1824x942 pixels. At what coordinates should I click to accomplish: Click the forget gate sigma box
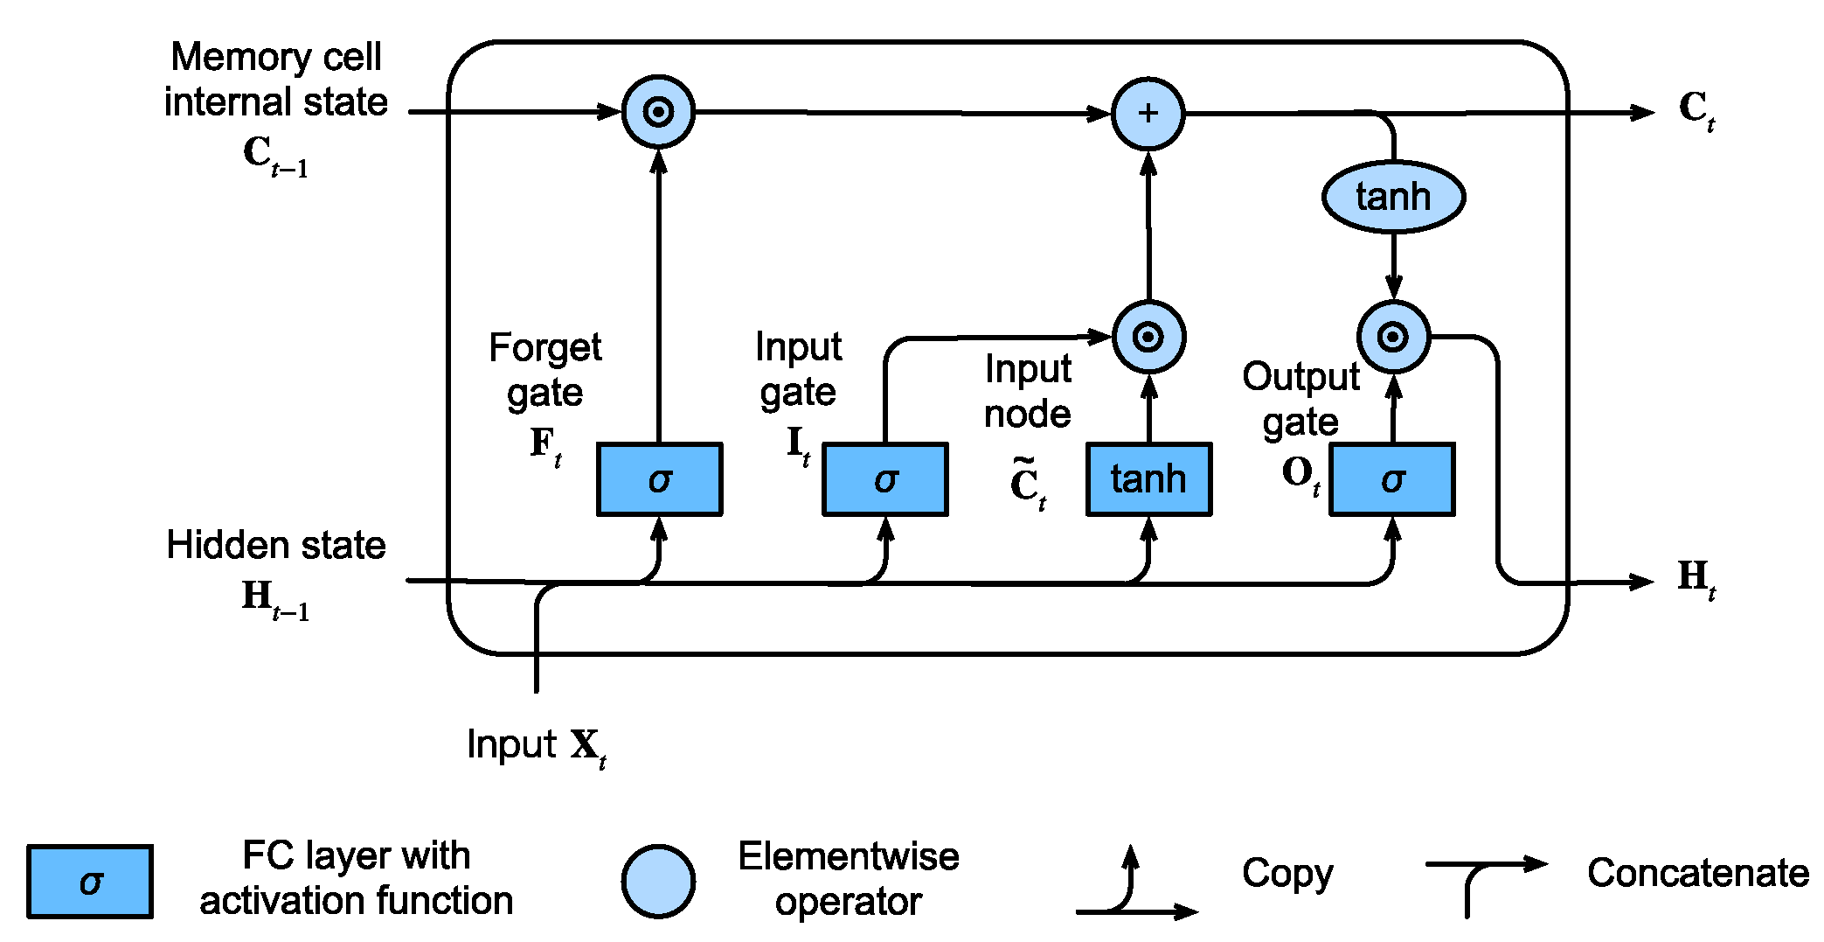click(659, 479)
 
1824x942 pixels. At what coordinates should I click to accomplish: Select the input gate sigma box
click(884, 479)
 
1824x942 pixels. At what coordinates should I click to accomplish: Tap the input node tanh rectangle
click(1148, 479)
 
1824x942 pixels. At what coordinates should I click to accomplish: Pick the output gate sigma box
click(1391, 479)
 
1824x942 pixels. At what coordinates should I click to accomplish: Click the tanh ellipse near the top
click(1393, 197)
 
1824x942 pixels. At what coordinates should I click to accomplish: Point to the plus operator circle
click(1148, 114)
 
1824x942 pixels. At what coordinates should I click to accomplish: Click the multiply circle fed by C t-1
click(658, 112)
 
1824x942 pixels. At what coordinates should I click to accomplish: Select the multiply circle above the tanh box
click(1148, 337)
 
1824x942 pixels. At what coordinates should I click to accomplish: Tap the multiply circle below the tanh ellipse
click(1393, 337)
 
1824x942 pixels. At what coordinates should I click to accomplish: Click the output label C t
click(1696, 110)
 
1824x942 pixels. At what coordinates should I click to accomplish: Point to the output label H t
click(1696, 578)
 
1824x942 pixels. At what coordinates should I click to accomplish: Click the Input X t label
click(536, 746)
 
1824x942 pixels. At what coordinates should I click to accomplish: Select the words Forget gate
click(544, 370)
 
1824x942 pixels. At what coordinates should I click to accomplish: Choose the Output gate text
click(1300, 399)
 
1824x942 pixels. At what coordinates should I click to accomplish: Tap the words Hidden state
click(276, 545)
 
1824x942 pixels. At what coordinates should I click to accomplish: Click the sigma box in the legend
click(90, 882)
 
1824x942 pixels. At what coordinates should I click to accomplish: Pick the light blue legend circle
click(658, 882)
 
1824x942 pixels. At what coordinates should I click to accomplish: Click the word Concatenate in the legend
click(1697, 873)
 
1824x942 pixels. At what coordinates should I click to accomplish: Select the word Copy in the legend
click(1287, 873)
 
